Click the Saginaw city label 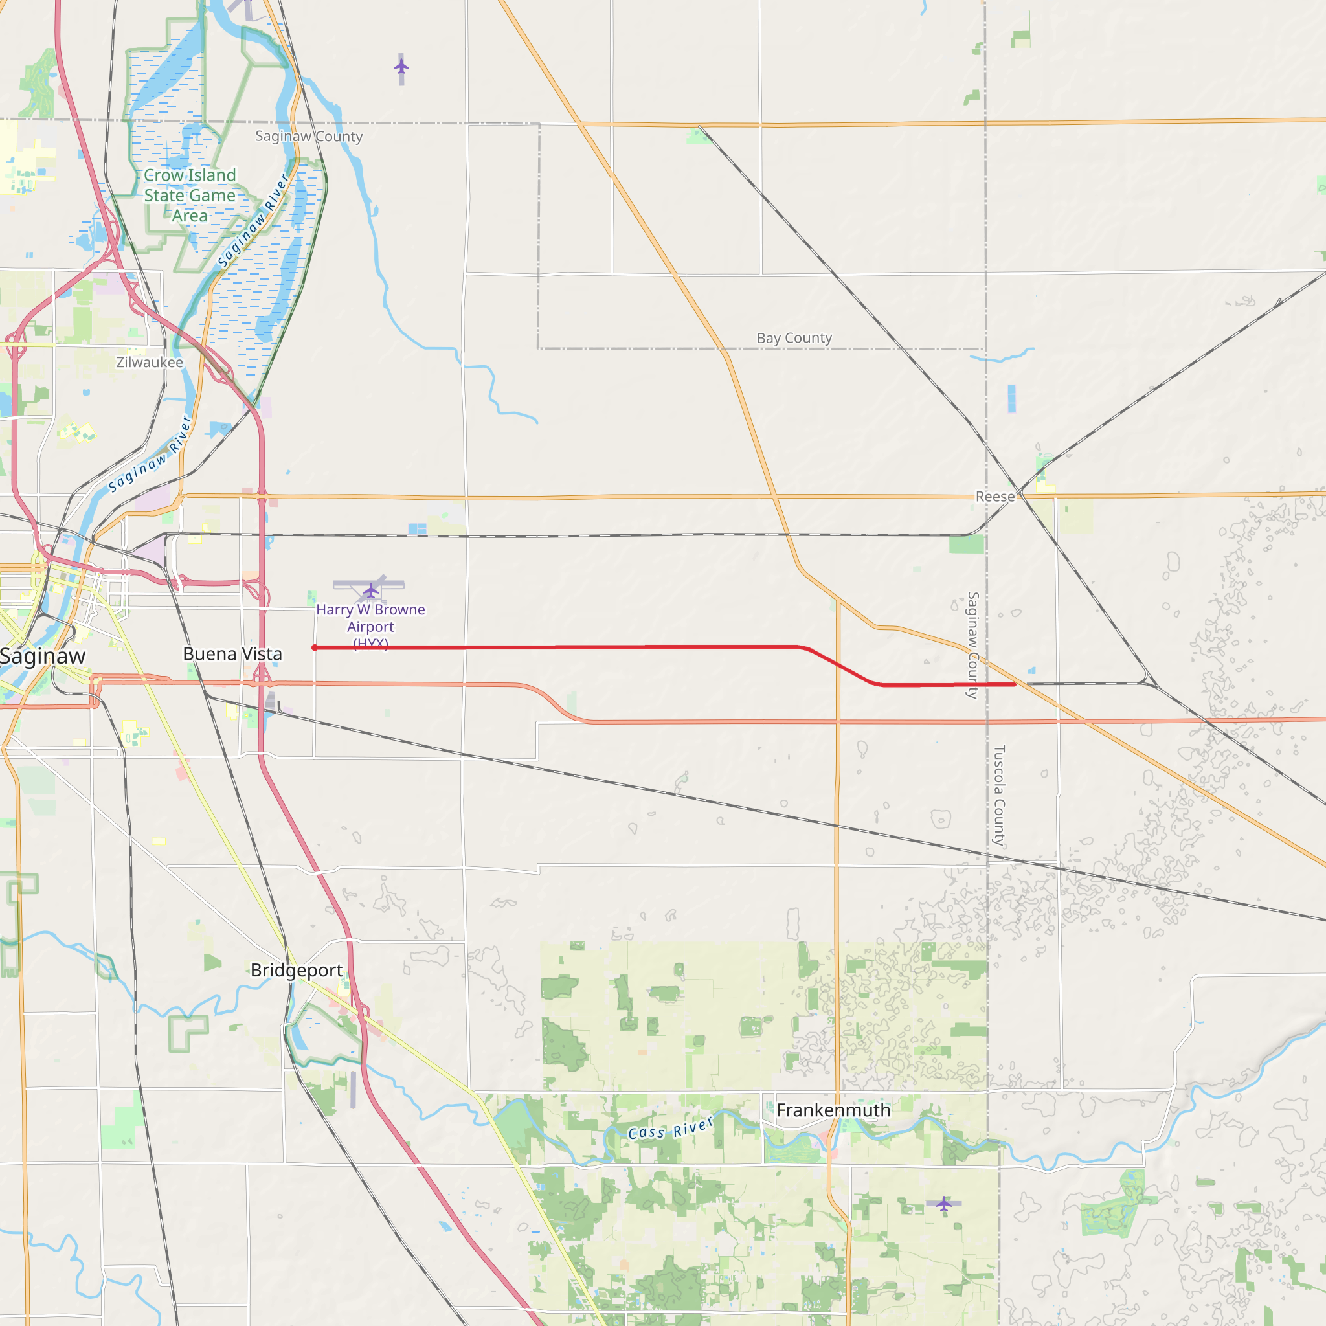pos(43,656)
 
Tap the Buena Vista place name pos(232,654)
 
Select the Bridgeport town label pos(297,970)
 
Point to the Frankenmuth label pos(833,1110)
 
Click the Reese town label pos(994,496)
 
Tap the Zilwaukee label pos(150,362)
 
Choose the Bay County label pos(794,338)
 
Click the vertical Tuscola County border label pos(999,795)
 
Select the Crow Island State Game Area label pos(190,196)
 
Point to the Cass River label pos(671,1128)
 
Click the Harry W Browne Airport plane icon pos(370,590)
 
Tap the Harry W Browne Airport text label pos(370,618)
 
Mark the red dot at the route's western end pos(314,648)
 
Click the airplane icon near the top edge pos(401,67)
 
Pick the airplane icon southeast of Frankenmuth pos(944,1203)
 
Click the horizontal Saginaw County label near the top pos(309,136)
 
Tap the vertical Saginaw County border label pos(972,645)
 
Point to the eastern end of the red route pos(1015,684)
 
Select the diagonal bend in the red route pos(841,666)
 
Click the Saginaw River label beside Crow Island pos(254,221)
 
